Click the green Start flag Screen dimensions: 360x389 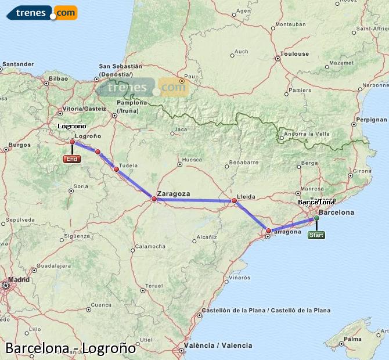coord(316,235)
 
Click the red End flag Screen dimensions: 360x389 coord(72,159)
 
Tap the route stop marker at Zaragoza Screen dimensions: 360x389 coord(154,199)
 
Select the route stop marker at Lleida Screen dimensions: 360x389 coord(234,201)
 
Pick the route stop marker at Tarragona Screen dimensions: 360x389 coord(268,231)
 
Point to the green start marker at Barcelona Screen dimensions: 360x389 coord(316,218)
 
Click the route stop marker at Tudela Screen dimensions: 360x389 coord(116,170)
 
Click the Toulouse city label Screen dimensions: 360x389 coord(295,54)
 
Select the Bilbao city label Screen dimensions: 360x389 coord(59,78)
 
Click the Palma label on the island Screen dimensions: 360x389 coord(352,339)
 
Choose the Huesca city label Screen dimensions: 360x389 coord(192,160)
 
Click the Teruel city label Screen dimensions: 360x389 coord(153,286)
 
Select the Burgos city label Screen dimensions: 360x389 coord(19,145)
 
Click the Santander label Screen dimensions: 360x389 coord(18,64)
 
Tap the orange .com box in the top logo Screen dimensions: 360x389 coord(65,13)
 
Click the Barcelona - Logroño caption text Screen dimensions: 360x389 coord(70,348)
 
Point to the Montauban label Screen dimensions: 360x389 coord(291,24)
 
